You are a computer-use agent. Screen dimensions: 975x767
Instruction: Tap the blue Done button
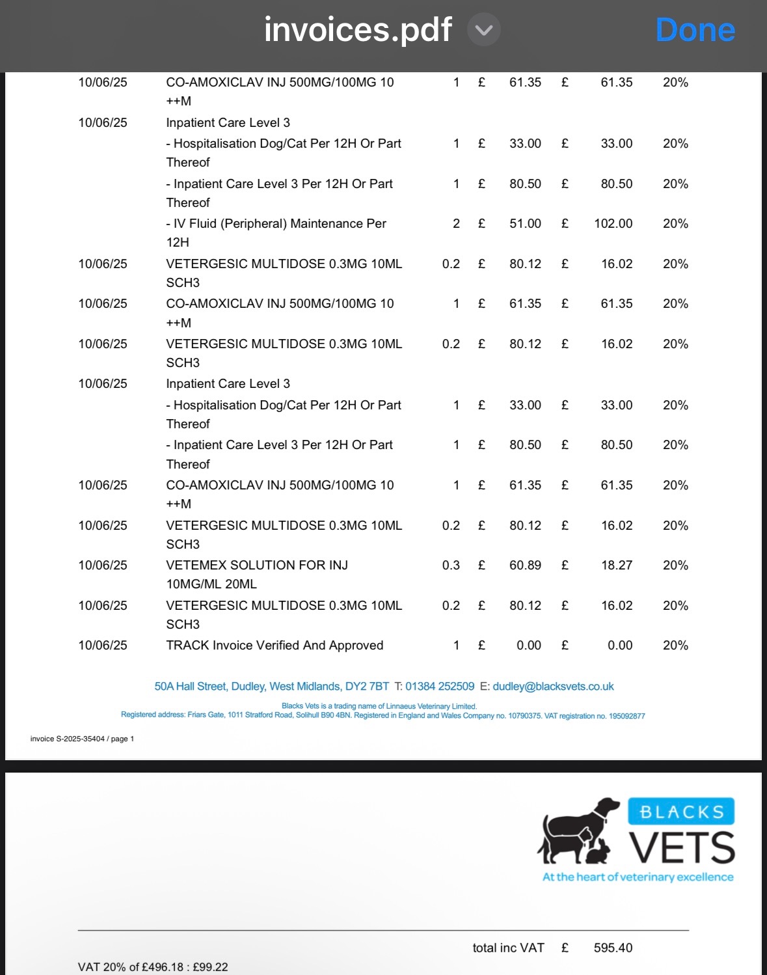(695, 30)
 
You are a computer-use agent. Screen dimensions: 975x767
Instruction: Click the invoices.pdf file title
(357, 30)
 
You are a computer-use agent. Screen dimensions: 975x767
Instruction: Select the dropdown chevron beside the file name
(484, 31)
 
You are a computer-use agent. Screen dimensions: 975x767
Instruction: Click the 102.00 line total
(613, 223)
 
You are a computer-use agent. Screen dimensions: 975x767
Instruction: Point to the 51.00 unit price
(525, 223)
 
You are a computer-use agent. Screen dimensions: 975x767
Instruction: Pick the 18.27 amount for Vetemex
(616, 565)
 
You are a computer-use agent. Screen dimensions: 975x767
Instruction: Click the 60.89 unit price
(525, 565)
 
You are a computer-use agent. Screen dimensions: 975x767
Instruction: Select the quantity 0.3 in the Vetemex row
(451, 565)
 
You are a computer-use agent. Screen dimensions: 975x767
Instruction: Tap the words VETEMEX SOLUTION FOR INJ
(257, 565)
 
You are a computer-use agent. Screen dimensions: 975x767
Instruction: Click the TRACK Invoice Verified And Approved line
(275, 645)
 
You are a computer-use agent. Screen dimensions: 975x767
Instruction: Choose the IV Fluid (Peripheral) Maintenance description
(276, 224)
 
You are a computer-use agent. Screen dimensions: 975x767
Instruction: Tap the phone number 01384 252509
(440, 686)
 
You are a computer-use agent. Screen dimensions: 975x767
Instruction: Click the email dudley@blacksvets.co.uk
(553, 686)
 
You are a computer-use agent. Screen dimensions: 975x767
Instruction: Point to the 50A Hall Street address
(271, 686)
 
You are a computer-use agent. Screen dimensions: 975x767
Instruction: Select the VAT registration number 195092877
(626, 716)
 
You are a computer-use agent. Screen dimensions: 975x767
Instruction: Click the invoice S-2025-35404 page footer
(82, 739)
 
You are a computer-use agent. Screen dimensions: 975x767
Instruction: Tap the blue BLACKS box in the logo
(681, 812)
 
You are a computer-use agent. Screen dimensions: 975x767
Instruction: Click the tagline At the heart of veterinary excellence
(638, 877)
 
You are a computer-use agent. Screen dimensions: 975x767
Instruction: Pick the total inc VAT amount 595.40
(613, 948)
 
